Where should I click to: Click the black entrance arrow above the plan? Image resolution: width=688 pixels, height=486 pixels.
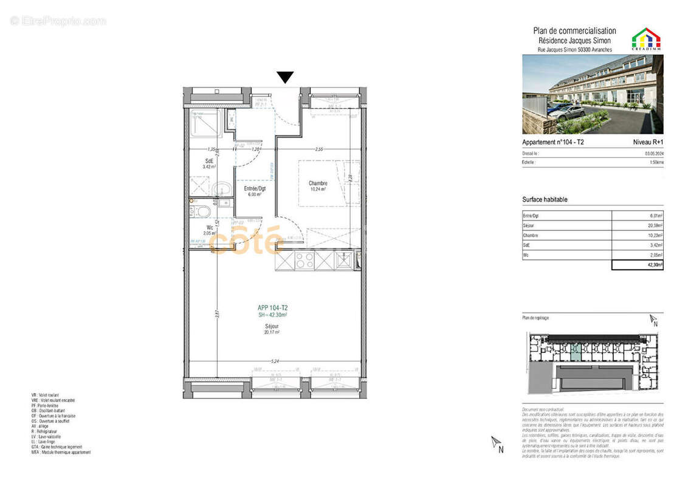click(285, 77)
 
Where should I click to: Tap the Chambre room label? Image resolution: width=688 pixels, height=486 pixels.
click(318, 183)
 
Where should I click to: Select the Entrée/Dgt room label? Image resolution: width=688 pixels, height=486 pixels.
click(255, 188)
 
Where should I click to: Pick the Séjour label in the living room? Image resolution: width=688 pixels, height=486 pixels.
click(272, 326)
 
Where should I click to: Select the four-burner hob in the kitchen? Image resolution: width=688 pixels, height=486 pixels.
click(304, 261)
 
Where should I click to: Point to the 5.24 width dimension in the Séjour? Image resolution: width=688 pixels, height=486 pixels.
click(277, 361)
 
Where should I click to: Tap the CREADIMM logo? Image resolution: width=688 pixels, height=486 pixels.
click(647, 38)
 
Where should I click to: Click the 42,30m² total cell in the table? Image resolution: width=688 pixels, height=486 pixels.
click(638, 265)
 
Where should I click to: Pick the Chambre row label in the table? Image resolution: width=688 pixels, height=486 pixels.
click(531, 235)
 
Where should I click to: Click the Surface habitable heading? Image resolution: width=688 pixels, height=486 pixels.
click(545, 199)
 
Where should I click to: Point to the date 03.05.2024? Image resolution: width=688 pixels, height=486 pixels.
click(654, 154)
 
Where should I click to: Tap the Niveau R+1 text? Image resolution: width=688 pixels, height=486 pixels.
click(648, 142)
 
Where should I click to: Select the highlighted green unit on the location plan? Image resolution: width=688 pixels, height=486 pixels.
click(575, 353)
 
